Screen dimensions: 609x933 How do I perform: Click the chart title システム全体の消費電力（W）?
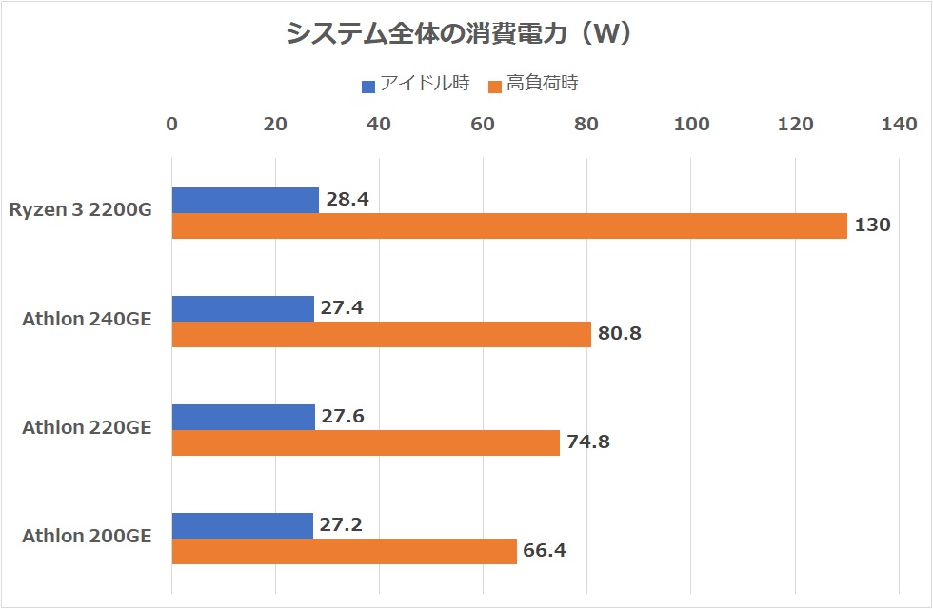click(x=461, y=34)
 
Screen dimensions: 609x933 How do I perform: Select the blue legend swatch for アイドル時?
click(x=368, y=87)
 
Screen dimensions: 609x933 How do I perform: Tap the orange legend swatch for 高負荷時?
click(x=494, y=87)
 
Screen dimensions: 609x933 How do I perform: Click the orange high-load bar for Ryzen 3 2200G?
click(x=509, y=226)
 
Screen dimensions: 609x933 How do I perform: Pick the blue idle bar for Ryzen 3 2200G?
click(x=245, y=200)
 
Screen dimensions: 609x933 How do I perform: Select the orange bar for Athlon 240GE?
click(x=381, y=334)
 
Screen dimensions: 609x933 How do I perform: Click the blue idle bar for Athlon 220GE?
click(x=243, y=417)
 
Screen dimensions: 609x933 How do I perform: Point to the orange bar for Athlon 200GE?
click(x=344, y=551)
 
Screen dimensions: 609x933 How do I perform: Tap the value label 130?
click(x=873, y=226)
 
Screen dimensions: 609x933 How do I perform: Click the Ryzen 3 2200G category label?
click(x=80, y=210)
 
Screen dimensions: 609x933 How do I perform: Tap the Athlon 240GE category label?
click(x=87, y=319)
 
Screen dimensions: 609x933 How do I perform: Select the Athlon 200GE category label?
click(x=87, y=536)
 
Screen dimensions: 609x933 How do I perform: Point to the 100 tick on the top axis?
click(x=691, y=124)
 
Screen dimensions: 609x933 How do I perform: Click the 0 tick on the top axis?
click(x=171, y=124)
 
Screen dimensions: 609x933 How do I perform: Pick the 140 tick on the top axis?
click(x=899, y=124)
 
